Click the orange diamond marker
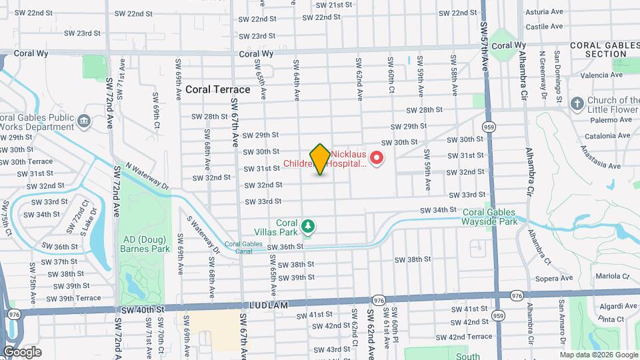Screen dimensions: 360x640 click(x=320, y=159)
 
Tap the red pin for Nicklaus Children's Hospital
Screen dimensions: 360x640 click(x=377, y=158)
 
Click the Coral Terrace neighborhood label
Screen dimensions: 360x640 click(x=218, y=89)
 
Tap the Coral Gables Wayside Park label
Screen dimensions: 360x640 click(x=490, y=217)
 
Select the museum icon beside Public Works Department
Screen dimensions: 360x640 click(x=84, y=120)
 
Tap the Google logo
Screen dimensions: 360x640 click(x=22, y=351)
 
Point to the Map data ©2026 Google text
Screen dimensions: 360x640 click(x=598, y=355)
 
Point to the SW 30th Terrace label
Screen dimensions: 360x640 click(x=27, y=161)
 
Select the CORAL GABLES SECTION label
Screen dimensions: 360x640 click(x=604, y=49)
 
